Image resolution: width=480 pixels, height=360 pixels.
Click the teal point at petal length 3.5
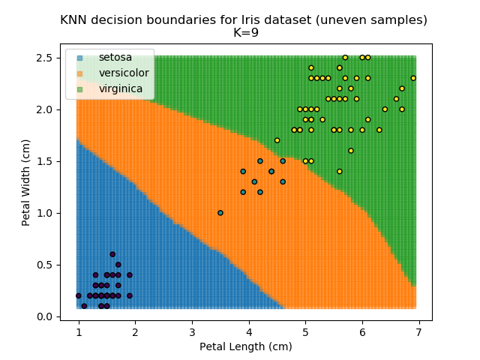pos(220,212)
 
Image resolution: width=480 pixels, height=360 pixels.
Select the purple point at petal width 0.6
pos(112,254)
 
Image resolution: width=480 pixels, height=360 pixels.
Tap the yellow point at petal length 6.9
pos(413,78)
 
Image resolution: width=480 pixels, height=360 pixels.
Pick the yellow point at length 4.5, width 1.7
pos(277,140)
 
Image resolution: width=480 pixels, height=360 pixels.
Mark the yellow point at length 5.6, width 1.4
pos(339,171)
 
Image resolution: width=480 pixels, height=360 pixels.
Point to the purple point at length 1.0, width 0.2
pos(79,295)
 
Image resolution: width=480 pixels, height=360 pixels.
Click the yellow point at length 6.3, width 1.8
pos(379,130)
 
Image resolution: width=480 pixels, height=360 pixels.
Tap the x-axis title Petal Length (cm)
pos(245,346)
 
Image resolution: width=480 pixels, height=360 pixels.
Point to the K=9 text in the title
pos(244,33)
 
